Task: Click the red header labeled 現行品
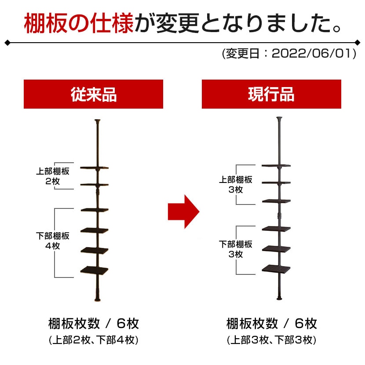(271, 94)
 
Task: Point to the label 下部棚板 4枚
(52, 241)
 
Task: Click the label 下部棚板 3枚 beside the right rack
(236, 249)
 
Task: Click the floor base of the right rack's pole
(280, 300)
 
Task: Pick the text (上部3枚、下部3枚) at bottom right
(271, 340)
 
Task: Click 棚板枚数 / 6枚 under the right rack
(271, 324)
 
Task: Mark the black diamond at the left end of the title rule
(8, 43)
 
